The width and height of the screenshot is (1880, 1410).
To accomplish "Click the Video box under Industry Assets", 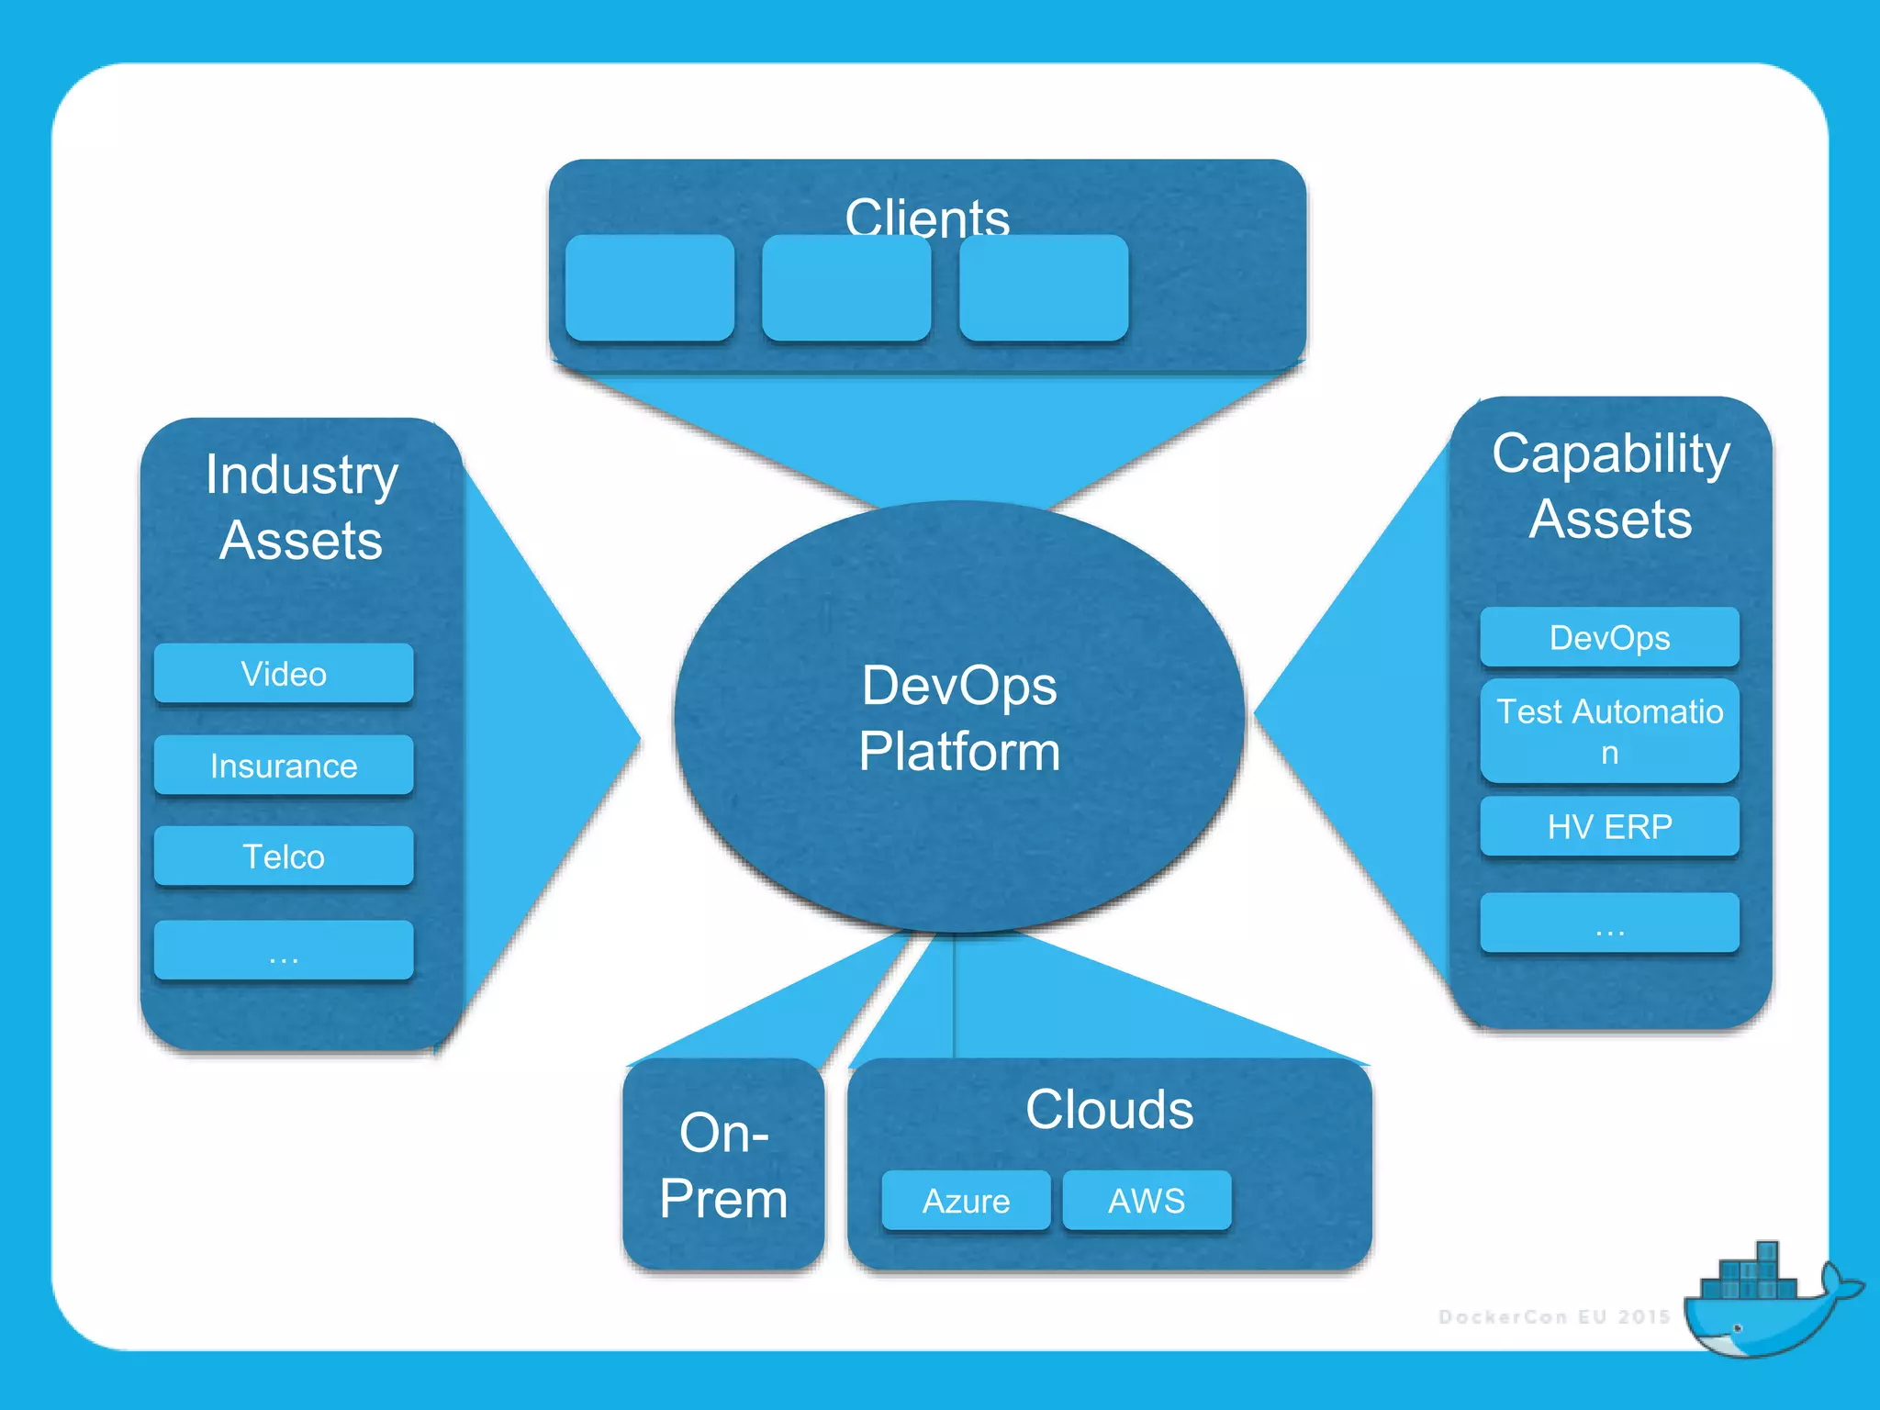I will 284,673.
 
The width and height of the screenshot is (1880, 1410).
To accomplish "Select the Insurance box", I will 284,765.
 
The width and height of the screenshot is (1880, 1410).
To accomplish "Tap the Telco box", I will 284,856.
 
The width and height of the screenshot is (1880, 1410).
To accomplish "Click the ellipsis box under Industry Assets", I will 284,950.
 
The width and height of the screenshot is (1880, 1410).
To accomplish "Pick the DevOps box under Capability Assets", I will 1609,637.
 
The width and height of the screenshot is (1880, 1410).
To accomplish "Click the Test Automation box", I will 1609,731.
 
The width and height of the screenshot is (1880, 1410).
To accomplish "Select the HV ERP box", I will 1609,826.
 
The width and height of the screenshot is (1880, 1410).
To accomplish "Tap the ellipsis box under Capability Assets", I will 1609,923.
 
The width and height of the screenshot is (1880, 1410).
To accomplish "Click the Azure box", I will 966,1200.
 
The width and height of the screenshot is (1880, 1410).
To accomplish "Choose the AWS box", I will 1147,1200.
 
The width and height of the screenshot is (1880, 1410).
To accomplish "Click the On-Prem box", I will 723,1164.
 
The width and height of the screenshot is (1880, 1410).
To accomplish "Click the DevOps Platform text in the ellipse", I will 959,718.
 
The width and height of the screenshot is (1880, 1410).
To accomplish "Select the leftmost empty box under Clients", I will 650,288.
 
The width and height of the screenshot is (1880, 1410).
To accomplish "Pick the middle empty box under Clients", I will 846,288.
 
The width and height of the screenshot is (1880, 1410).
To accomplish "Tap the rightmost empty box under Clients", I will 1044,288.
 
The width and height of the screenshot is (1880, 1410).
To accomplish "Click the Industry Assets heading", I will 301,507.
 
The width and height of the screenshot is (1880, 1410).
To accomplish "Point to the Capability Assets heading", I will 1610,486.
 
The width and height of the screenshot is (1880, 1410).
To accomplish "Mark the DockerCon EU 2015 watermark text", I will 1554,1316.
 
